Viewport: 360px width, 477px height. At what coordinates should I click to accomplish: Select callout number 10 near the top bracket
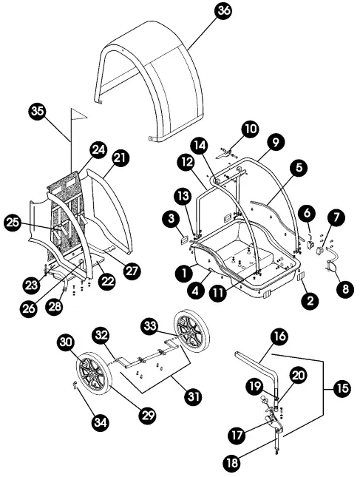[251, 129]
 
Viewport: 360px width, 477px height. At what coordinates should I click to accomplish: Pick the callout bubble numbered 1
[178, 271]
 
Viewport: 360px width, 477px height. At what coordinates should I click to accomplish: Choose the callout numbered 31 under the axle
[193, 396]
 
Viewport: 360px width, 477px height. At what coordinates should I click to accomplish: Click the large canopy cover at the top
[148, 81]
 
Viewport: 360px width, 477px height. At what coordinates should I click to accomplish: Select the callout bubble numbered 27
[132, 271]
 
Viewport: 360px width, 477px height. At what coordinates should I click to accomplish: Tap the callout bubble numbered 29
[148, 416]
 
